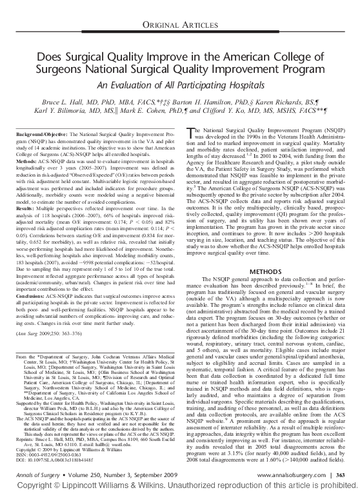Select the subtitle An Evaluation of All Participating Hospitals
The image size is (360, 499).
point(180,85)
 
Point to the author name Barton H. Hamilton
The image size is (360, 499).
point(220,103)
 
